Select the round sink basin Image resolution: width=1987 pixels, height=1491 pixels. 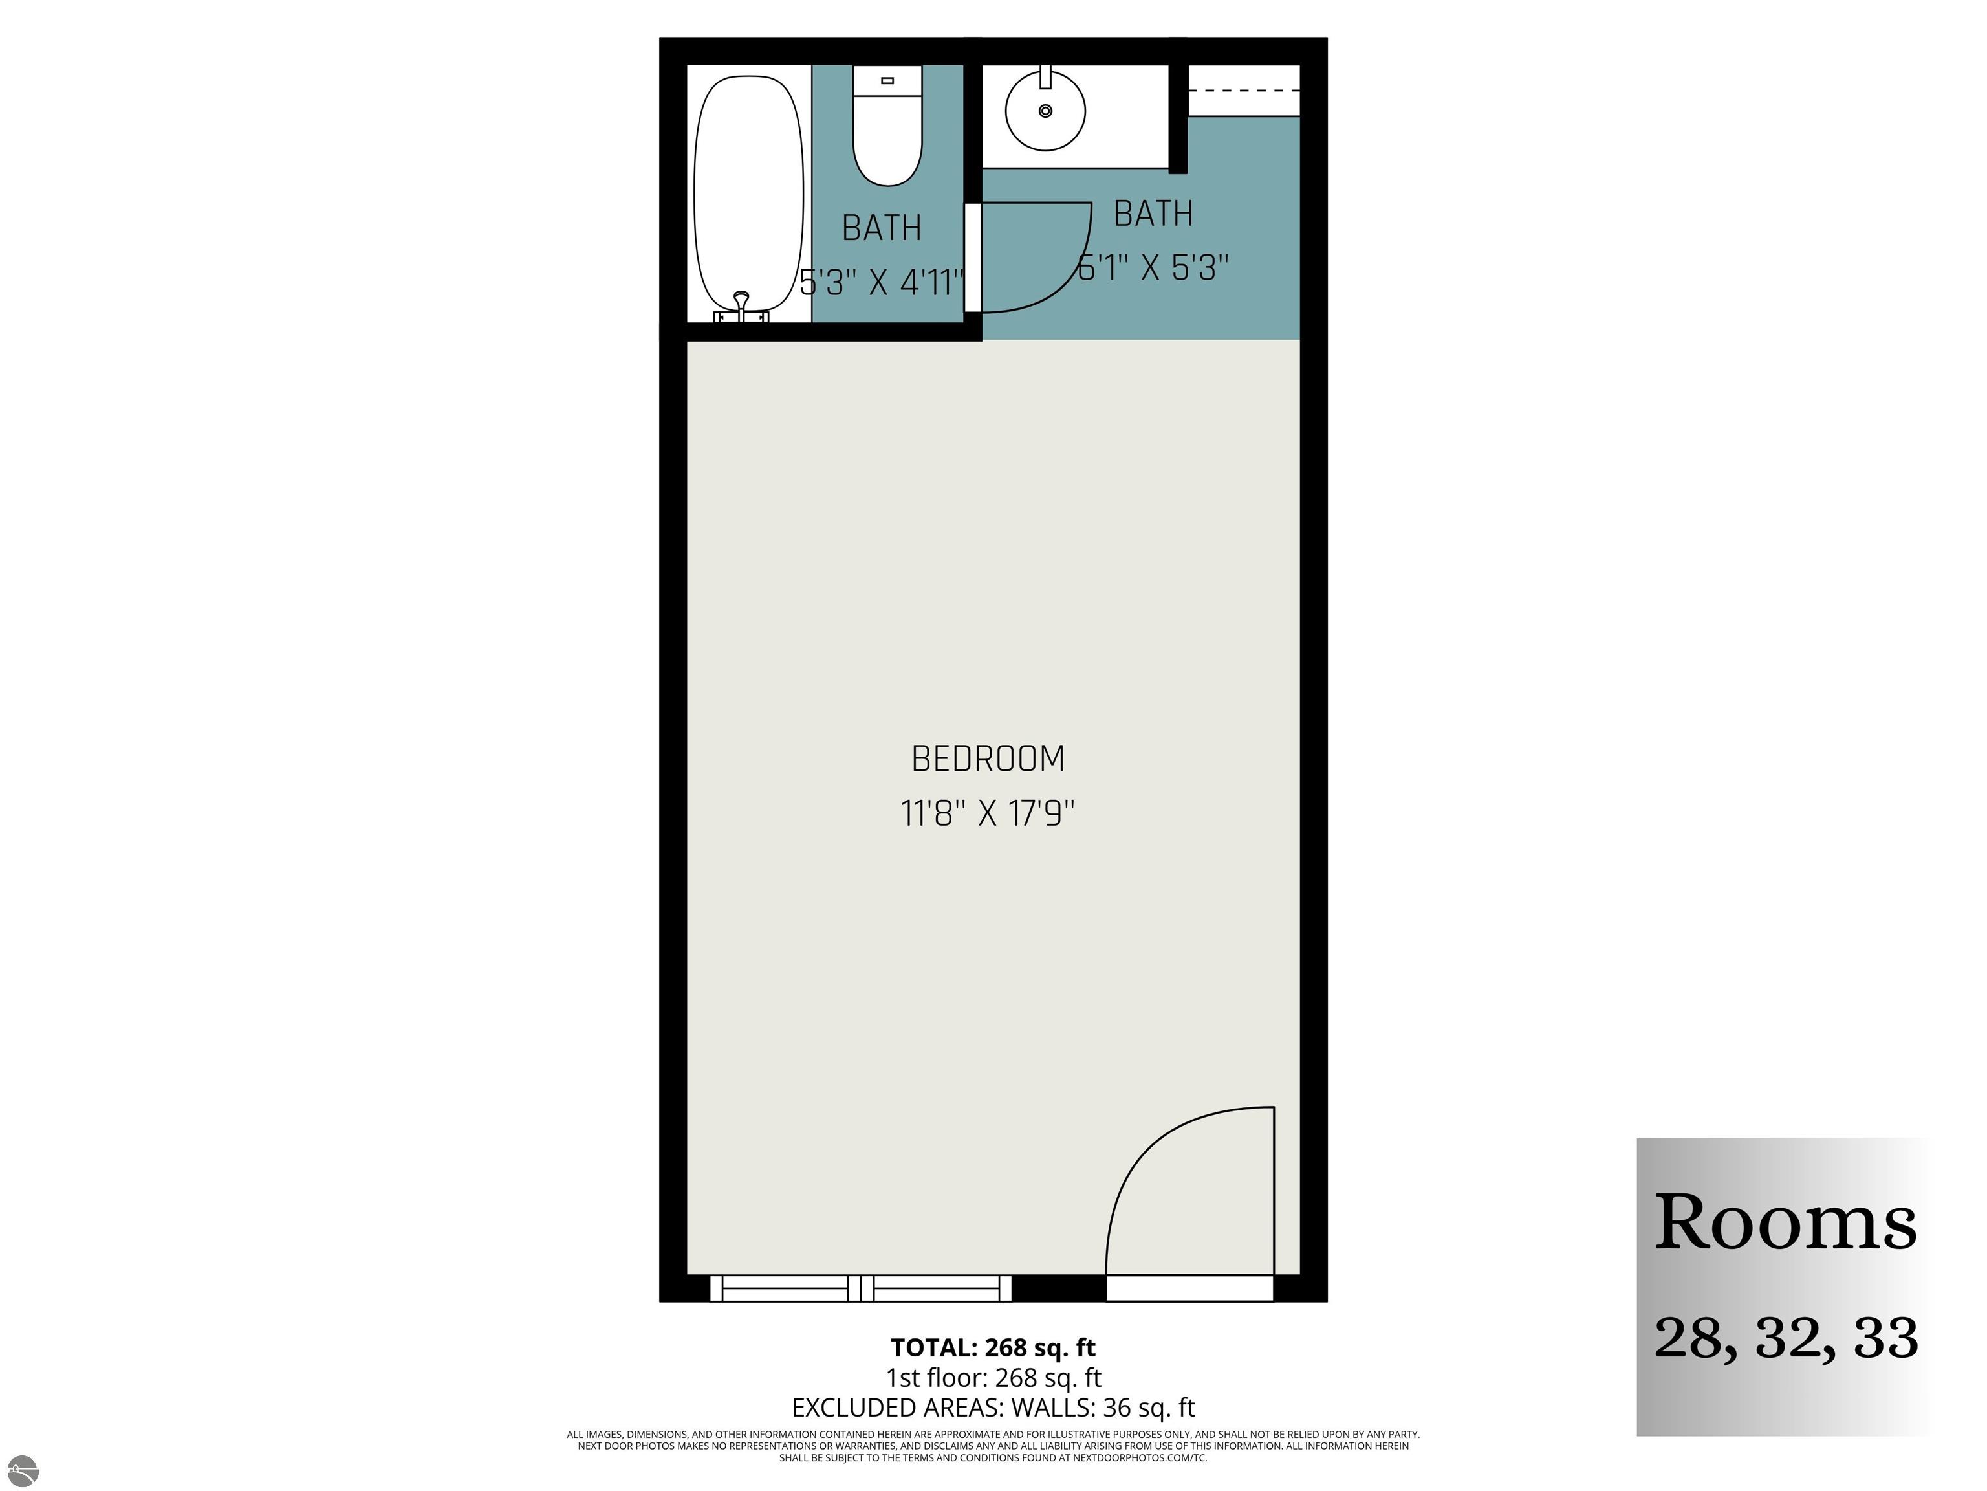(1045, 111)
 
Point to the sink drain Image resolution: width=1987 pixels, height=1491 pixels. (1045, 111)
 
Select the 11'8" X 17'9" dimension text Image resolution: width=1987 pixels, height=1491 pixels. (987, 814)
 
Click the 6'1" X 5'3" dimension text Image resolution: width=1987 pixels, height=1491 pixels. (1153, 267)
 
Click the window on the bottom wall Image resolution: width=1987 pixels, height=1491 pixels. (860, 1288)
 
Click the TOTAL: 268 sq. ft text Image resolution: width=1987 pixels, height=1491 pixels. (993, 1348)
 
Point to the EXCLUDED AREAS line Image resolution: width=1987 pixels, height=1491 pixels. (993, 1408)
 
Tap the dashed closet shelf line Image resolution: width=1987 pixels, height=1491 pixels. (1244, 91)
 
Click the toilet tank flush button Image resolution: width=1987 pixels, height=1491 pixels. (887, 81)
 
